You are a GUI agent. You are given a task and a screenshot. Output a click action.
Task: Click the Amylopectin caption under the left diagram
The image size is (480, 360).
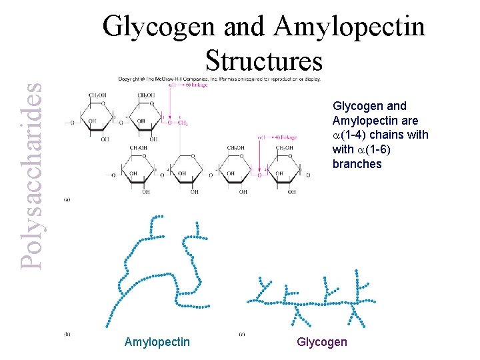coord(157,342)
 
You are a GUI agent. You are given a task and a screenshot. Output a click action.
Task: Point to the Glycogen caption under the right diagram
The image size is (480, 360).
coord(322,342)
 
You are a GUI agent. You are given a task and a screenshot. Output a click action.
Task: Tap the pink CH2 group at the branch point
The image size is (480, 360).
coord(182,123)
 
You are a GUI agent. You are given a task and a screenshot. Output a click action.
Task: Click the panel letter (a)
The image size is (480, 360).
coord(67,199)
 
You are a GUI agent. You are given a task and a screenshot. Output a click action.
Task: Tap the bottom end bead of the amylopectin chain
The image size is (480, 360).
coord(106,326)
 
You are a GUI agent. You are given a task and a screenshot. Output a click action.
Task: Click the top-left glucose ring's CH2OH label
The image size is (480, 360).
coord(97,97)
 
